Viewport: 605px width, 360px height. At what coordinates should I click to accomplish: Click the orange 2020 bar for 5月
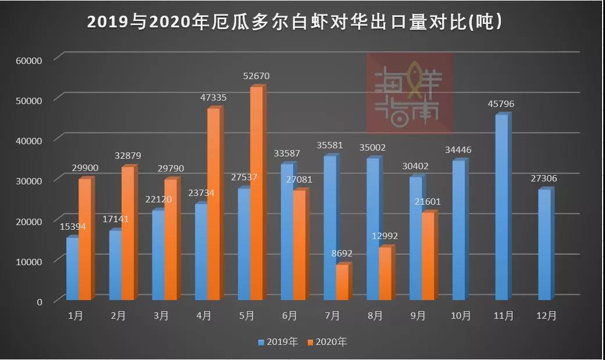pos(256,195)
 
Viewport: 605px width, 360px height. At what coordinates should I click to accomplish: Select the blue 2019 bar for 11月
pos(501,208)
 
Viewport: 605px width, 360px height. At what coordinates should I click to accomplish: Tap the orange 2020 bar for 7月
pos(342,283)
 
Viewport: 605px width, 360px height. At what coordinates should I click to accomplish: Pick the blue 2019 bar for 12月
pos(544,245)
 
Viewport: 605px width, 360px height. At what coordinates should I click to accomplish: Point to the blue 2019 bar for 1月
pos(72,269)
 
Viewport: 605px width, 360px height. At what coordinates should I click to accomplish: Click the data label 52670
pos(257,76)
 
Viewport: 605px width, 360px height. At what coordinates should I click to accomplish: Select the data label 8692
pos(342,254)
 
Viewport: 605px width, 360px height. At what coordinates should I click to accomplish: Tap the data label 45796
pos(501,104)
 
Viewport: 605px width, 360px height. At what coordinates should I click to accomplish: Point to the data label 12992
pos(385,236)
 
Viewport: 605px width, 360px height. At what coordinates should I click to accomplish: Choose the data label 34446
pos(458,150)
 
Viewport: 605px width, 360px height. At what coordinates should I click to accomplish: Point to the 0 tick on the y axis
pos(40,302)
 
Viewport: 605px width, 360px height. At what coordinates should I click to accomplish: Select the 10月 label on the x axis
pos(461,316)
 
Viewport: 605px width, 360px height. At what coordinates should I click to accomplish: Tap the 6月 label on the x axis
pos(290,316)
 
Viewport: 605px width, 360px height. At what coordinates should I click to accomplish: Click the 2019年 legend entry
pos(278,342)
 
